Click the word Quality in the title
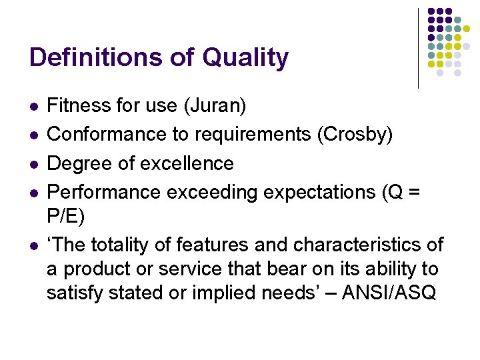(x=245, y=58)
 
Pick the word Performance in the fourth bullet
(x=104, y=192)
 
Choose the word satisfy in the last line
(x=73, y=293)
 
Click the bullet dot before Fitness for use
(x=33, y=106)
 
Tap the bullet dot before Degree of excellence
(x=33, y=164)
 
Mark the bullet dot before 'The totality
(x=33, y=245)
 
